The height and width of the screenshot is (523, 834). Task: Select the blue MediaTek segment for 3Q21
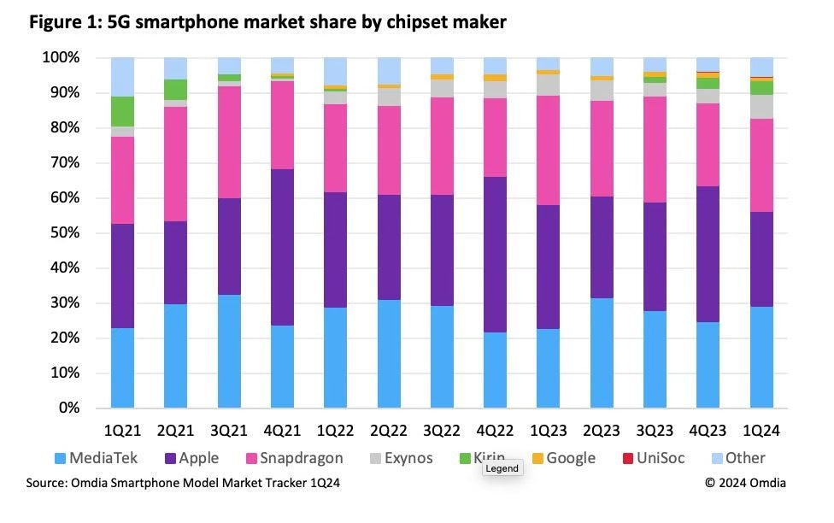230,351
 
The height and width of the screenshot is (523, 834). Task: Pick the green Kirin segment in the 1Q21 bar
123,111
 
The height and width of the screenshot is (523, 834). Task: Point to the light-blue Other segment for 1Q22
336,72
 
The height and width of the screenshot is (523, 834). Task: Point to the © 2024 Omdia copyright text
745,483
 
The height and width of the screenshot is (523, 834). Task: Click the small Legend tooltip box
502,469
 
